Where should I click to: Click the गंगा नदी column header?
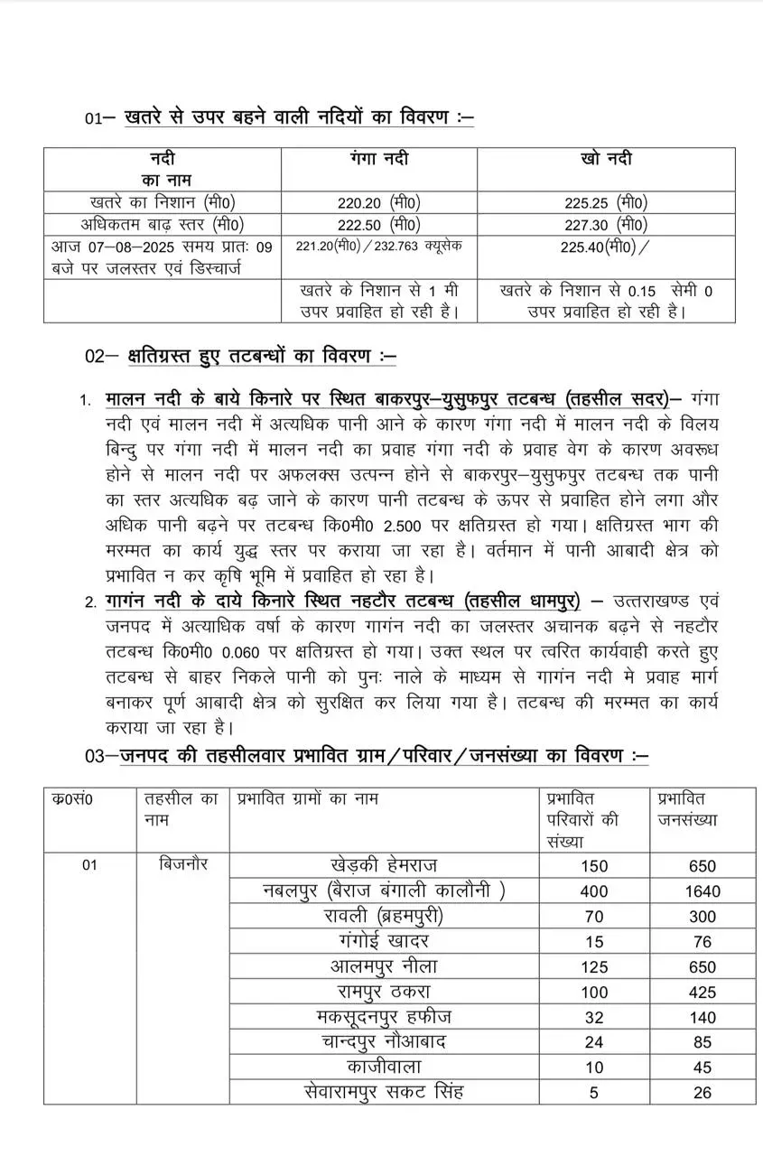point(378,159)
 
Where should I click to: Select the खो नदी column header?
point(606,159)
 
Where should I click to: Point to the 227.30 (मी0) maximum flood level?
point(606,224)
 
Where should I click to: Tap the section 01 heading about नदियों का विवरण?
point(298,117)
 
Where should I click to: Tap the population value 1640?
point(702,891)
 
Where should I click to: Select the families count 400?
point(594,891)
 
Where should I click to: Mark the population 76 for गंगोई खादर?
point(702,942)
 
